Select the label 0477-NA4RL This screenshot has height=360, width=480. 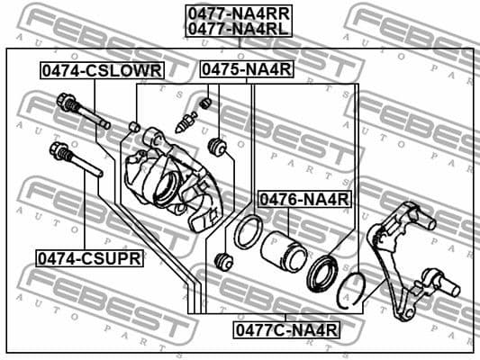click(x=239, y=28)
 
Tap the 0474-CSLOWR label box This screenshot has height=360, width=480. click(x=100, y=69)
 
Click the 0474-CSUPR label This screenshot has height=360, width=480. click(x=89, y=258)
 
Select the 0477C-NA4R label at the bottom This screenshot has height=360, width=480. click(x=286, y=329)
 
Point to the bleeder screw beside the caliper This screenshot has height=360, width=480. click(x=187, y=121)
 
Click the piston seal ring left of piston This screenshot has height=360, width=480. click(x=246, y=232)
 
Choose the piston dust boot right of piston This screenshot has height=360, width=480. click(x=322, y=269)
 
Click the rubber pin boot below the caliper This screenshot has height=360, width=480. click(x=225, y=262)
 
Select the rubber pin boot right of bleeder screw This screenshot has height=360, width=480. click(x=216, y=145)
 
